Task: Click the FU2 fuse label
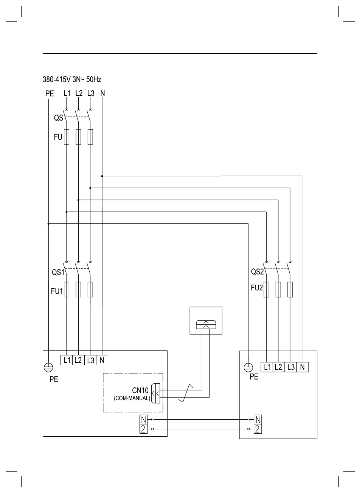(x=256, y=288)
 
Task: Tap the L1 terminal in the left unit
(x=67, y=360)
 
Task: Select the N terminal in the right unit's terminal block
(x=303, y=367)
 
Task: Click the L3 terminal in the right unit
(x=290, y=367)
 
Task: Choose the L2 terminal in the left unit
(x=78, y=360)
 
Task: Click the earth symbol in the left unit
(x=48, y=366)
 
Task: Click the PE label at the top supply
(x=50, y=93)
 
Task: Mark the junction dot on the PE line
(x=48, y=224)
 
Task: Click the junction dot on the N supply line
(x=102, y=176)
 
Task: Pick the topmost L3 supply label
(x=90, y=93)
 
